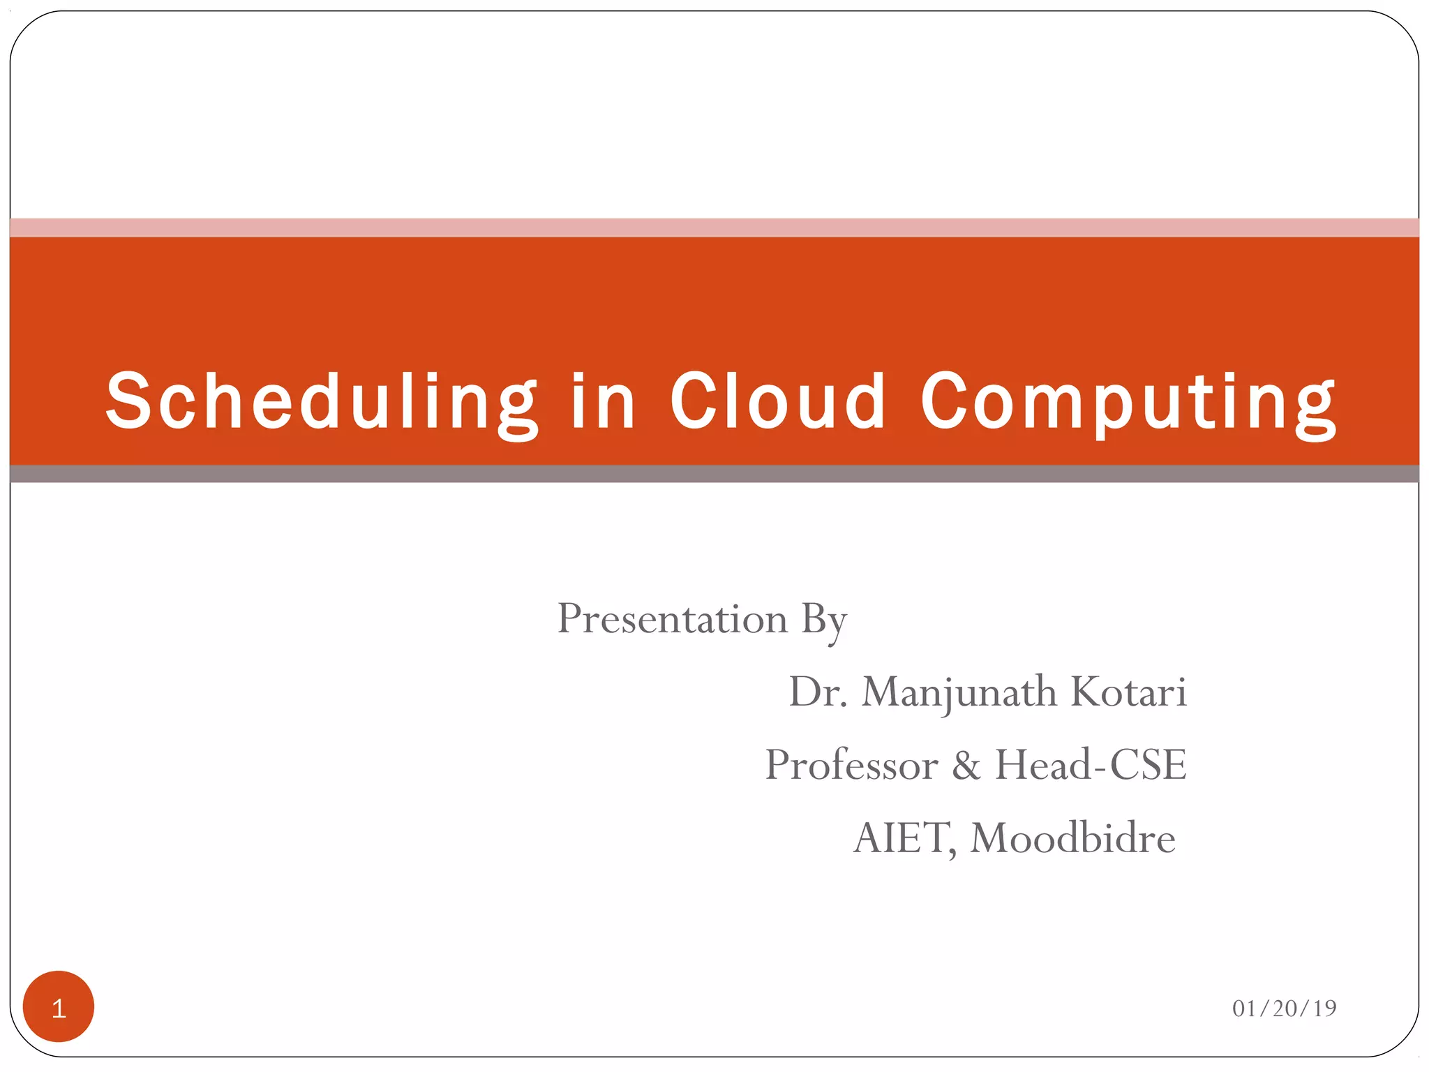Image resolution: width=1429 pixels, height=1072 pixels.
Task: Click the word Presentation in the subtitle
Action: point(672,619)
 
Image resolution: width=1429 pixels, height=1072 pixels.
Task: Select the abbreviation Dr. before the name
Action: point(817,692)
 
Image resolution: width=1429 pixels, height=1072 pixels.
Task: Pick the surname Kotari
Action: point(1128,692)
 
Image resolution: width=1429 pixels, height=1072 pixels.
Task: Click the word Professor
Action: point(851,766)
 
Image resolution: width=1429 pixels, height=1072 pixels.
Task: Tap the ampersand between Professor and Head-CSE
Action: point(966,766)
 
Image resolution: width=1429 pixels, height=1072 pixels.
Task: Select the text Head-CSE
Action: point(1090,765)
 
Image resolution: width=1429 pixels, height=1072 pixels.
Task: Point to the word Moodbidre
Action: point(1072,838)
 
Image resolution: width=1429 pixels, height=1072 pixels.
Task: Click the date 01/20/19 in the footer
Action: point(1283,1008)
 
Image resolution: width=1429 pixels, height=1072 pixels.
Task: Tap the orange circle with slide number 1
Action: point(59,1006)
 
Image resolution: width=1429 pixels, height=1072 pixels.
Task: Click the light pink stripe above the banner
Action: point(714,228)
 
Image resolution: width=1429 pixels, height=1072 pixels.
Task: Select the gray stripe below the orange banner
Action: point(714,474)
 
